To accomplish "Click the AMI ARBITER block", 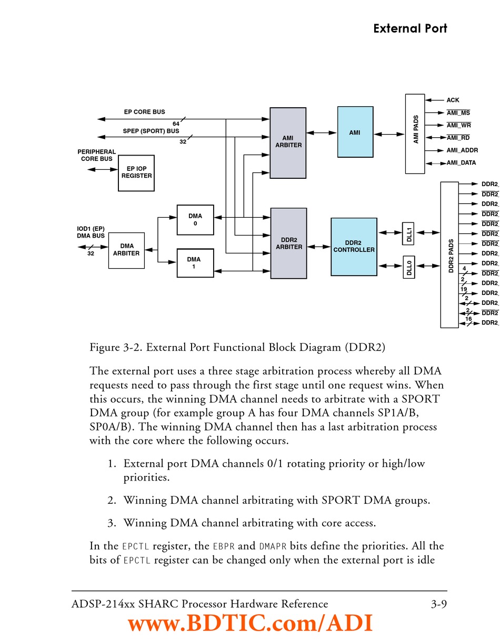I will coord(288,142).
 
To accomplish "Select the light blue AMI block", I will coord(355,132).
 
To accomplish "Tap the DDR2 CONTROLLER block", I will coord(354,247).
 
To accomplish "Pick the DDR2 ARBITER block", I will coord(288,243).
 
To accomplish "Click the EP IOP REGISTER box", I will coord(136,172).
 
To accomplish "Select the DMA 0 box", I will coord(195,220).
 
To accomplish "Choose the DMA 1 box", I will coord(195,263).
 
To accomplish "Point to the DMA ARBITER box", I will coord(126,250).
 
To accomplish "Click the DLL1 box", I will coord(408,233).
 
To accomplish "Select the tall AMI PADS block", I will coord(415,134).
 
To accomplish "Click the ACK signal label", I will coord(453,100).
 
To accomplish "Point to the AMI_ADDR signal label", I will coord(462,150).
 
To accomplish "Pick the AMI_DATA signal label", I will coord(461,163).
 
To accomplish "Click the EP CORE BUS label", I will coord(144,112).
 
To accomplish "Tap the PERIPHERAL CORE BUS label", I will coord(96,155).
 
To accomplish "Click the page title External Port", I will coord(410,28).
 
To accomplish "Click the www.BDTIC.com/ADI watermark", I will coord(251,624).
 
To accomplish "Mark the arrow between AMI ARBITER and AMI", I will coord(322,133).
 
